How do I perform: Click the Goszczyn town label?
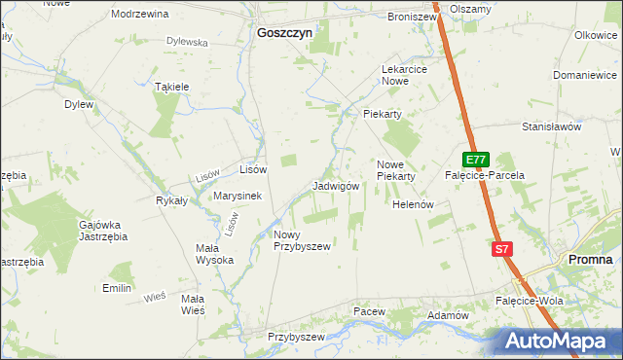coord(284,32)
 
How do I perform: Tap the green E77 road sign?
coord(475,160)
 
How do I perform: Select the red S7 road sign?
coord(501,249)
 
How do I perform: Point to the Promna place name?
coord(590,260)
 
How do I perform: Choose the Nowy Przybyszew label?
coord(302,240)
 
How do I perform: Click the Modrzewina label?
coord(140,15)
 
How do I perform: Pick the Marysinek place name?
coord(238,196)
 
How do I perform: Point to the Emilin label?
coord(117,288)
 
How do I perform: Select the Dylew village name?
coord(79,104)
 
